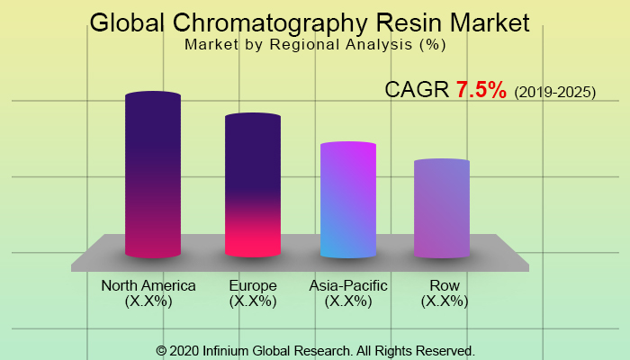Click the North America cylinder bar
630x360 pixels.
point(153,175)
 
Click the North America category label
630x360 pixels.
point(148,286)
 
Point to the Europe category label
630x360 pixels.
point(253,286)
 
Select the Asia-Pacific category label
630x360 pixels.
point(348,286)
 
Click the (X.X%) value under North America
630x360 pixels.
point(148,301)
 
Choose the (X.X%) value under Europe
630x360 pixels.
point(253,301)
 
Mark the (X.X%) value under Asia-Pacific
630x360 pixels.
point(348,301)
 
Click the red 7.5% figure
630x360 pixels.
point(481,91)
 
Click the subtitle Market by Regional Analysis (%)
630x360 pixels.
point(315,42)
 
